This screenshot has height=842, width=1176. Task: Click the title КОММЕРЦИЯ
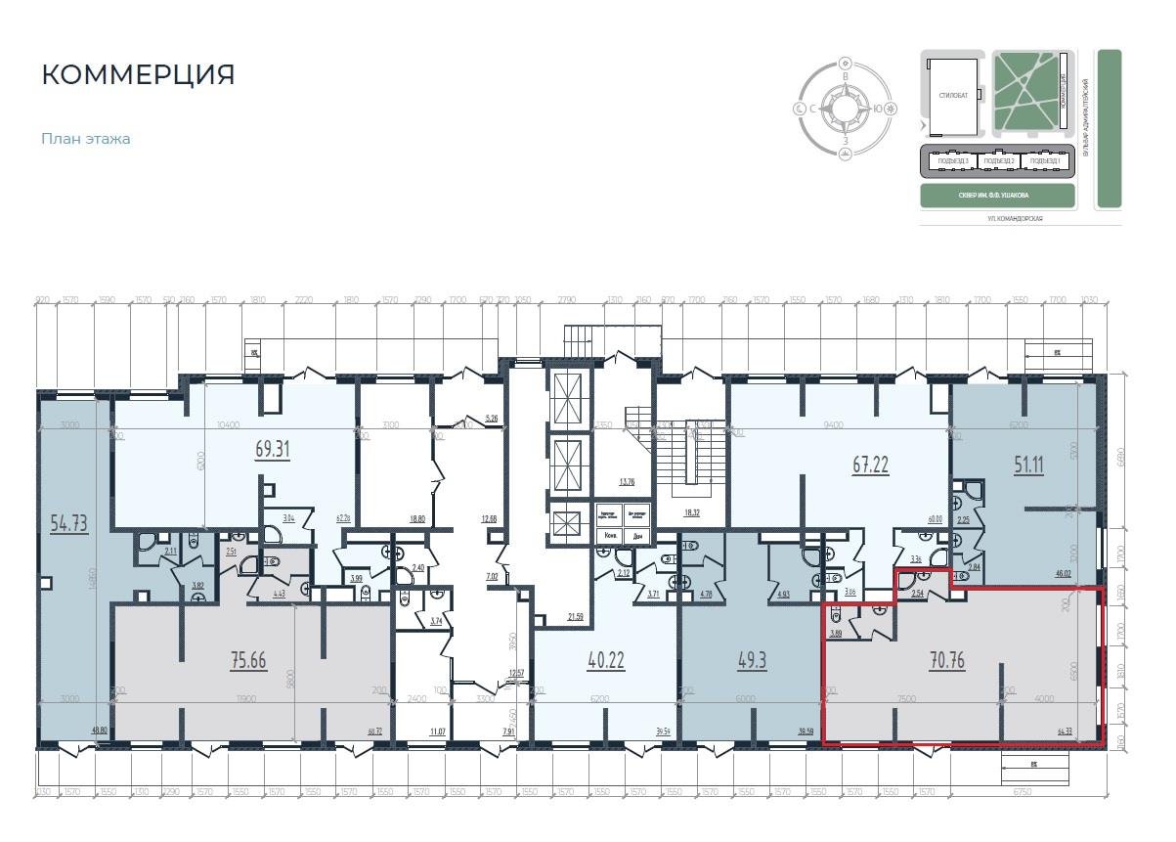pos(138,75)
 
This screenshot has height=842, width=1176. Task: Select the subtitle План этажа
pos(86,139)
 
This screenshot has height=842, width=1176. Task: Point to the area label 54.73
pos(68,523)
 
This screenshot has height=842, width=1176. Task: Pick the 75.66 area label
pos(247,660)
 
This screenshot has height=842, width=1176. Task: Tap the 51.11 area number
pos(1027,465)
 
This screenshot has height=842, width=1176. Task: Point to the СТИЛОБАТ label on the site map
pos(953,96)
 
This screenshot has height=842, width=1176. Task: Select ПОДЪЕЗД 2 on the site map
pos(1000,161)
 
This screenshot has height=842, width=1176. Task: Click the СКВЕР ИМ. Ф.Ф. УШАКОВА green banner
pos(998,196)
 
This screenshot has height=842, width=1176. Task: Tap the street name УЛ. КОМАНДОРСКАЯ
pos(1015,219)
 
